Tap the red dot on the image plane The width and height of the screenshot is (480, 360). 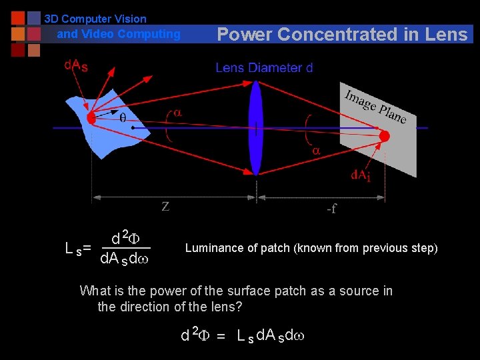tap(384, 136)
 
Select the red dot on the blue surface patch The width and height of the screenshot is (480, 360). tap(91, 119)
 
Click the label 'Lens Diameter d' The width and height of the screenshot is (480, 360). tap(264, 67)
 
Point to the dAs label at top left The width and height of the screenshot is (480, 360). tap(75, 65)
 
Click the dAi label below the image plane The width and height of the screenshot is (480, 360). tap(362, 175)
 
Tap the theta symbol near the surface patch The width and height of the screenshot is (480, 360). tap(123, 118)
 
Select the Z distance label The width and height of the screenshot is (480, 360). tap(165, 207)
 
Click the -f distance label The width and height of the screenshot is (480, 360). tap(331, 209)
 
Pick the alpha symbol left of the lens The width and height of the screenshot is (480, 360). tap(178, 113)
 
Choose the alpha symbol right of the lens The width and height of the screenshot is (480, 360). tap(317, 151)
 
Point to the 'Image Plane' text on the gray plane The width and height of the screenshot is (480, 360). tap(375, 106)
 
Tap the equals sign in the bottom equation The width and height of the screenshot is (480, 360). tap(220, 335)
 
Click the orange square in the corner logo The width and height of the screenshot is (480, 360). tap(18, 33)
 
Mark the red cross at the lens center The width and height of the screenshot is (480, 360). tap(256, 128)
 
